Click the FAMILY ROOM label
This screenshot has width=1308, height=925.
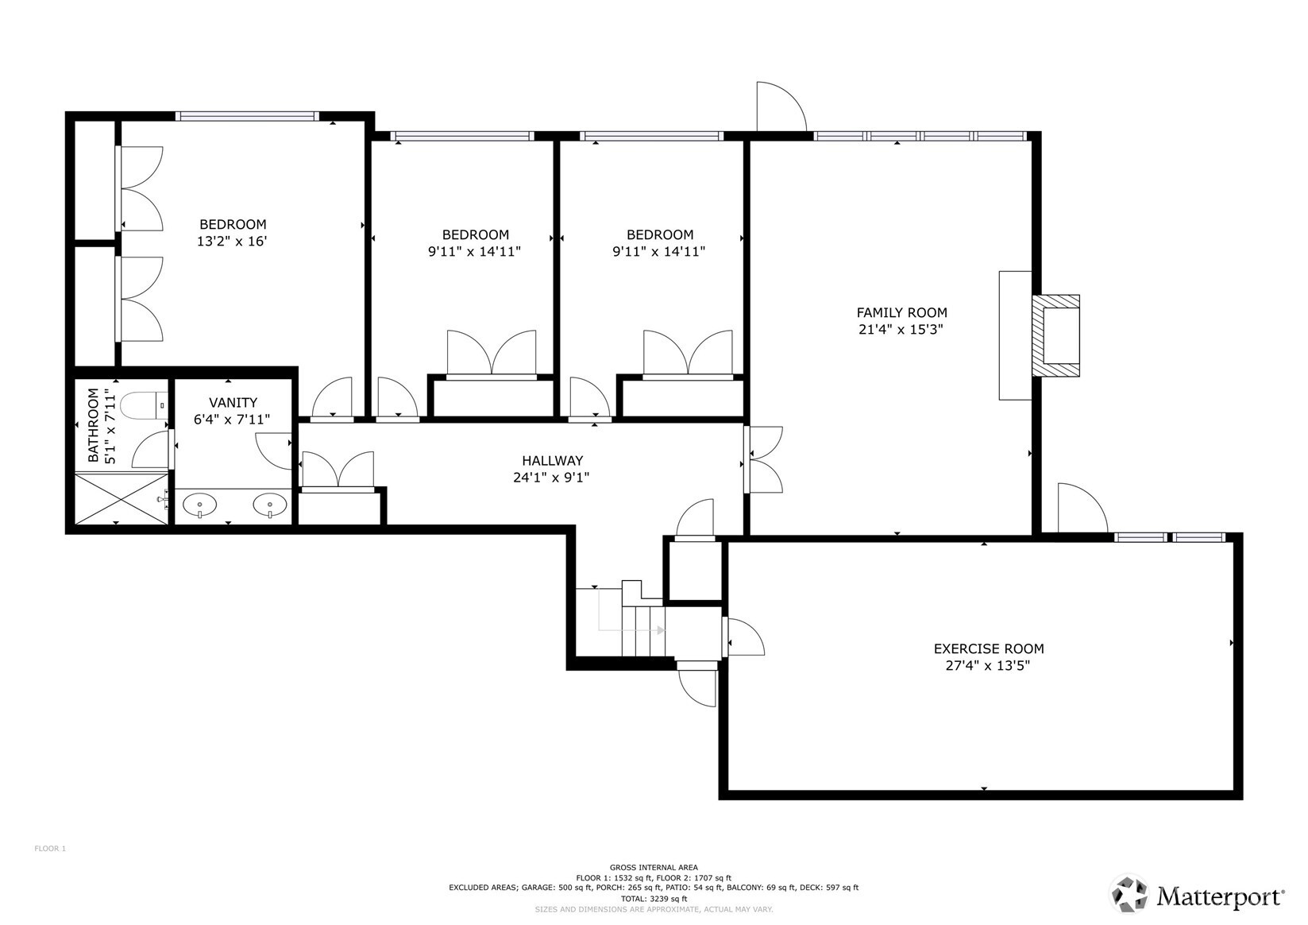coord(901,312)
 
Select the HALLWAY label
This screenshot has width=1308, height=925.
coord(552,460)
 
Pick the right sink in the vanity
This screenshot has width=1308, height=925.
coord(270,505)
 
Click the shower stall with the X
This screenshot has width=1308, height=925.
coord(122,498)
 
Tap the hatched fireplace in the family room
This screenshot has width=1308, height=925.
coord(1055,336)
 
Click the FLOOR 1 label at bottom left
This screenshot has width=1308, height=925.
coord(50,849)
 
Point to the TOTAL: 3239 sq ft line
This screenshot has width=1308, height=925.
coord(654,899)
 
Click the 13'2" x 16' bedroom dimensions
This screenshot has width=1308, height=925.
coord(232,241)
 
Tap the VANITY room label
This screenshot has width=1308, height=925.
coord(233,403)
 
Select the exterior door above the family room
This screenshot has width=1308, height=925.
coord(781,107)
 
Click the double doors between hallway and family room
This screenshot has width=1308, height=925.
coord(763,459)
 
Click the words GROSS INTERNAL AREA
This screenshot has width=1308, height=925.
coord(654,867)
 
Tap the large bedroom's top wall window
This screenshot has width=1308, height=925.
coord(247,116)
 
